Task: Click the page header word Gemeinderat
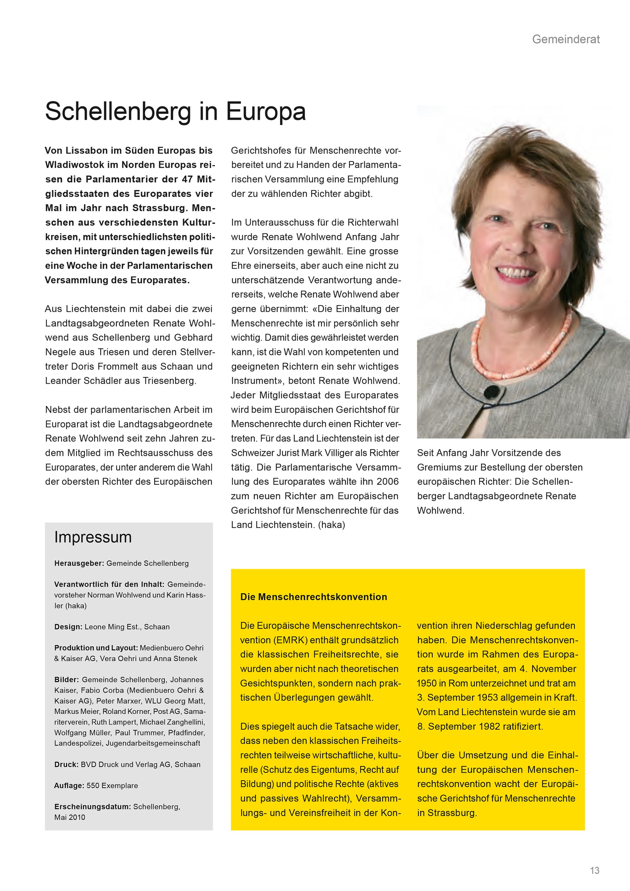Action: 566,39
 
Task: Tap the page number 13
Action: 594,870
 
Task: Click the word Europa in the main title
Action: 266,112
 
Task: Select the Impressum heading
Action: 93,537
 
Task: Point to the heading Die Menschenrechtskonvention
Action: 313,597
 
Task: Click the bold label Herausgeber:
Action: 79,563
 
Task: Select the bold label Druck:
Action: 66,765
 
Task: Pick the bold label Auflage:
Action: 69,785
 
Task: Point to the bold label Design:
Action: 68,627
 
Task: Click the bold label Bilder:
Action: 67,680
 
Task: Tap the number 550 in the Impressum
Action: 93,785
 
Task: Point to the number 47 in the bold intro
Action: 187,179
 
